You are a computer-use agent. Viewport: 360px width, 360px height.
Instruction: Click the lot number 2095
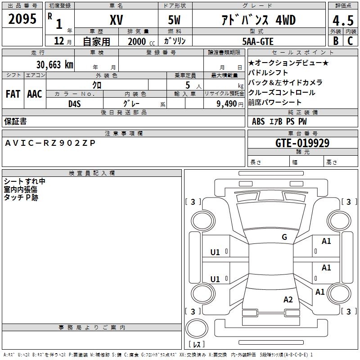tap(22, 18)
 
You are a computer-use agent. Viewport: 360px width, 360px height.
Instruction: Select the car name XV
tap(117, 20)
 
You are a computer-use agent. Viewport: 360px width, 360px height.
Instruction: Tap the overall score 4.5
tap(342, 20)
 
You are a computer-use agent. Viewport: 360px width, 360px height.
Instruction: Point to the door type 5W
tap(175, 20)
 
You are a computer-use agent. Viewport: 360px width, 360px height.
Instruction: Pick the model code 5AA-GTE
tap(257, 41)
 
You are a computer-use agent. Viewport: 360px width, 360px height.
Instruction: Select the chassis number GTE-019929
tap(302, 143)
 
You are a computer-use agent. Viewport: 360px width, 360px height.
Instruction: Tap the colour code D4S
tap(74, 103)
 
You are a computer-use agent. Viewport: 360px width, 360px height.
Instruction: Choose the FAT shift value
tap(13, 94)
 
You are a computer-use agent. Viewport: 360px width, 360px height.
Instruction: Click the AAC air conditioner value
tap(35, 94)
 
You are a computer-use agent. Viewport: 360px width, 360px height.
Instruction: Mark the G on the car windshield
tap(284, 237)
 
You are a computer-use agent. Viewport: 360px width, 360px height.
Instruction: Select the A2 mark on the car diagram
tap(288, 300)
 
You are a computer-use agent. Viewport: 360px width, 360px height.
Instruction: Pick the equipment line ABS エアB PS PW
tap(279, 121)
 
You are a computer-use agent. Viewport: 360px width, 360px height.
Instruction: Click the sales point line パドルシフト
tap(268, 72)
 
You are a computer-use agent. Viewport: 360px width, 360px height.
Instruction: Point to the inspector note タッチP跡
tap(21, 197)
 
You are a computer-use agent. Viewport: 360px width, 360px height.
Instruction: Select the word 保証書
tap(15, 121)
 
